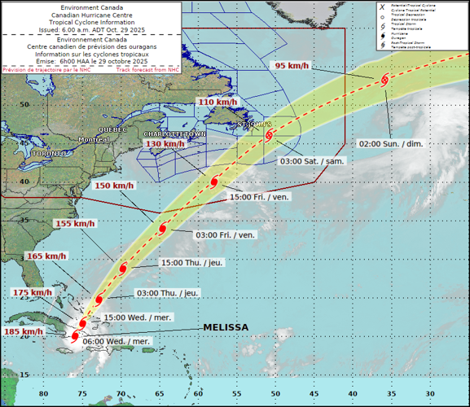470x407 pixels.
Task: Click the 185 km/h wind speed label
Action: (x=22, y=331)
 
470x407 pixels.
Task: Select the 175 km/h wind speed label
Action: (x=30, y=292)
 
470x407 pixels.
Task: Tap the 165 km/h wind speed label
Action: (x=46, y=256)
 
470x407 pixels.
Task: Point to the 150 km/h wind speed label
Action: (x=114, y=186)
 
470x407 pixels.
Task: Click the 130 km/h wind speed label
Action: (x=165, y=144)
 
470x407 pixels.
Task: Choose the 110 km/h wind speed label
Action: (x=217, y=103)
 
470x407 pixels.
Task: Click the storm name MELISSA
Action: (x=225, y=327)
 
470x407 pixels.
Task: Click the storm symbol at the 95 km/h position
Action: (x=384, y=79)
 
